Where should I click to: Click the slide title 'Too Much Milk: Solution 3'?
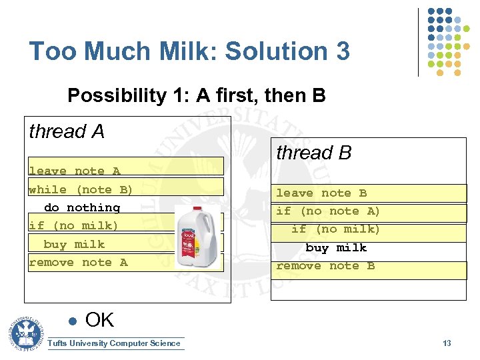189,51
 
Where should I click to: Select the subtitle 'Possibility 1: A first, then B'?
196,96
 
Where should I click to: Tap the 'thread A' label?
67,132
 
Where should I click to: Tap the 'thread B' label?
313,153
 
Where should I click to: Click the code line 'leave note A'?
74,171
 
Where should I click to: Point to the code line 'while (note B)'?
81,189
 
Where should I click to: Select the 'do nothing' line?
82,208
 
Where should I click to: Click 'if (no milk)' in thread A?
73,226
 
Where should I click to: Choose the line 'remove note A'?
78,263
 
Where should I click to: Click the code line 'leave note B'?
321,193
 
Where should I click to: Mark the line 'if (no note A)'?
328,211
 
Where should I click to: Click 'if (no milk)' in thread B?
335,229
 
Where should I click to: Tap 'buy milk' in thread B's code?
336,248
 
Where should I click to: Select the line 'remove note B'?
325,266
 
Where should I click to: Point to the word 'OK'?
100,321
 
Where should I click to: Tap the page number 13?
447,343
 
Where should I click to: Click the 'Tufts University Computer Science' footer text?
114,343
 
